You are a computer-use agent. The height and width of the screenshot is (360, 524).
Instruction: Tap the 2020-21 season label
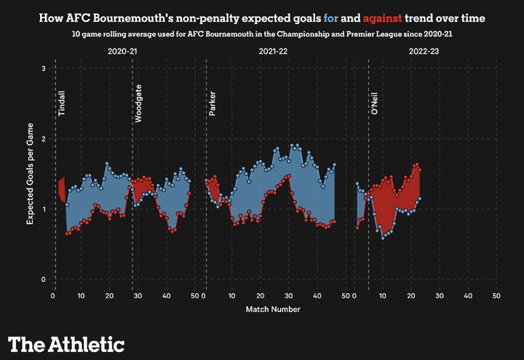[x=122, y=52]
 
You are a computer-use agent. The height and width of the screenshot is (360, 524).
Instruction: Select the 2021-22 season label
[x=273, y=52]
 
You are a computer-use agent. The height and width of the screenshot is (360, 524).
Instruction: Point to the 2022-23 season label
[x=424, y=52]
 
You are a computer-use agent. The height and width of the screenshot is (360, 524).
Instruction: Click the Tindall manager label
[x=63, y=103]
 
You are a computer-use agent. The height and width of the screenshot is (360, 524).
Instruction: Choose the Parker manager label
[x=213, y=103]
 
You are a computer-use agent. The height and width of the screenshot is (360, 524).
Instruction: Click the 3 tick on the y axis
[x=44, y=68]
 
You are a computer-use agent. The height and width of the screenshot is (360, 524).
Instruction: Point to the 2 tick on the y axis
[x=44, y=139]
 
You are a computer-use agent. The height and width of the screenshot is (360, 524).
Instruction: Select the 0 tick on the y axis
[x=44, y=280]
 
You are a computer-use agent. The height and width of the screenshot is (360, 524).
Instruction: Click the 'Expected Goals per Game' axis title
[x=30, y=175]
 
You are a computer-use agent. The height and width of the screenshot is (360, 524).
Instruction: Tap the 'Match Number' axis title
[x=273, y=308]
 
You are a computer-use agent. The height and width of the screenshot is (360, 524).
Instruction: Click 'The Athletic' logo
[x=66, y=343]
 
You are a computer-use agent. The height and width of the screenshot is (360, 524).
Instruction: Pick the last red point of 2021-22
[x=334, y=221]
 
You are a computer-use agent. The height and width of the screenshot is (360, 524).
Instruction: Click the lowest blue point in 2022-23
[x=383, y=238]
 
